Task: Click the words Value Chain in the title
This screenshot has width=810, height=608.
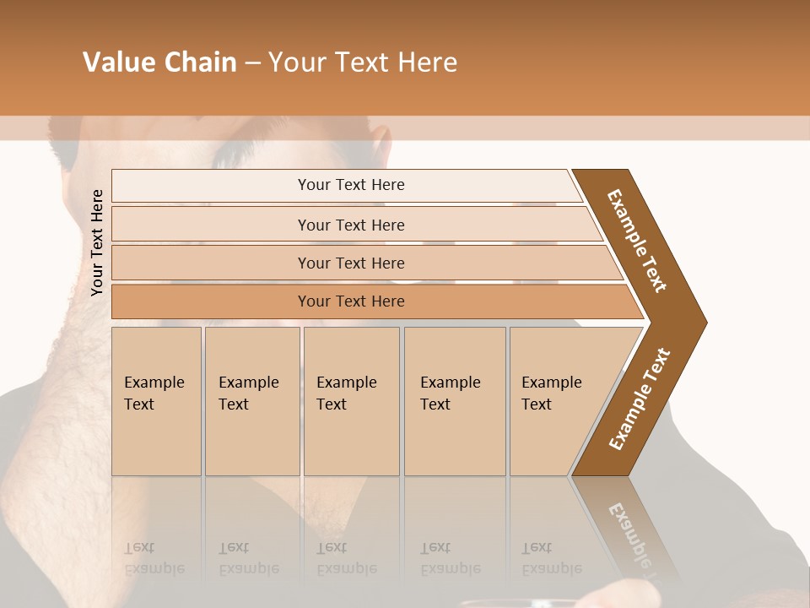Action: (x=159, y=62)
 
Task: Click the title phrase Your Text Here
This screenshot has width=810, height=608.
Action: (x=363, y=62)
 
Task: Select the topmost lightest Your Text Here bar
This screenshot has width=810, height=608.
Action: (x=350, y=185)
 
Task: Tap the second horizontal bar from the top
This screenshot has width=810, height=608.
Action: (x=350, y=225)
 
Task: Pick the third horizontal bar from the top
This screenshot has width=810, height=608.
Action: (x=350, y=263)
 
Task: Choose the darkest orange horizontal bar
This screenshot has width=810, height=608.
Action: (x=350, y=301)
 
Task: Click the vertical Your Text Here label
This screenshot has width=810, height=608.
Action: (x=97, y=242)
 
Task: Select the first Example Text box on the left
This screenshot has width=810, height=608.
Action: (x=156, y=401)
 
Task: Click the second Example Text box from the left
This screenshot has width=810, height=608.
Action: (x=251, y=401)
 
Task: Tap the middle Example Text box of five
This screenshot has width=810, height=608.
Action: (x=351, y=401)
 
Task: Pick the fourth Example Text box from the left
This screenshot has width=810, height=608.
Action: (x=454, y=401)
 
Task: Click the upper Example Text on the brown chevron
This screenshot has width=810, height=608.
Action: (x=637, y=241)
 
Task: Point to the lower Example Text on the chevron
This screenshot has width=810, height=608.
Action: (x=640, y=399)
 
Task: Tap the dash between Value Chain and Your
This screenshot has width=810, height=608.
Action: (x=252, y=63)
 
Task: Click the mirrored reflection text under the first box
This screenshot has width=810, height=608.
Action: (x=154, y=558)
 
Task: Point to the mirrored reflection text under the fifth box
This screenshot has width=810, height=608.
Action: (x=551, y=558)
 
